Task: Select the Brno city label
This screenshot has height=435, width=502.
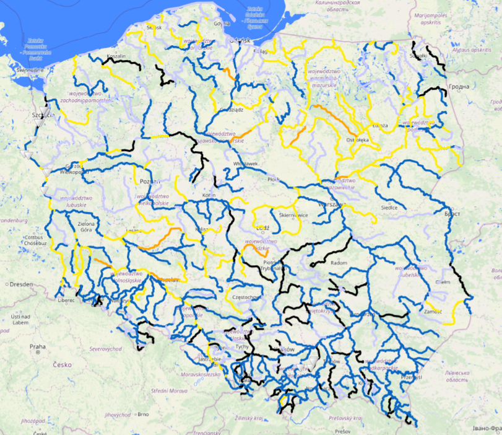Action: tap(143, 414)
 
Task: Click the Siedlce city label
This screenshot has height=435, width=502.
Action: tap(389, 208)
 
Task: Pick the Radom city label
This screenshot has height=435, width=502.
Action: tap(340, 263)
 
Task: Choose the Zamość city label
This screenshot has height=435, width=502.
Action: tap(433, 312)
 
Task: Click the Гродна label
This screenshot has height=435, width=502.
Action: tap(459, 87)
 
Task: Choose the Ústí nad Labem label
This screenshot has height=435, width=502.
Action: tap(20, 319)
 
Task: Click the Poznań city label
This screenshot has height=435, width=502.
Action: tap(150, 181)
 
